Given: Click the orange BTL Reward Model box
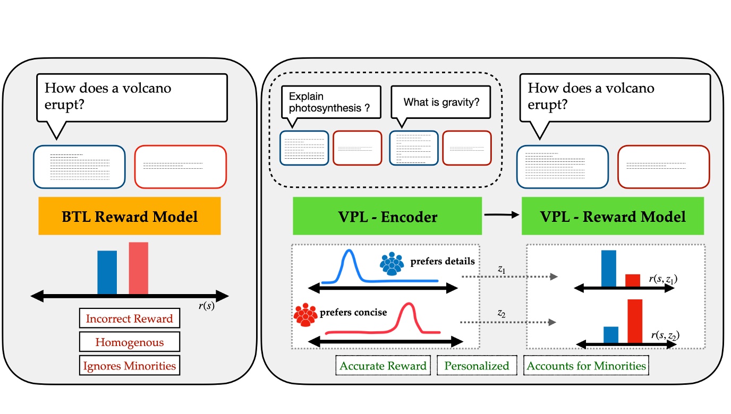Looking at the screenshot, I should point(129,216).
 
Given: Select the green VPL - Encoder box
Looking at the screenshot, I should point(387,216).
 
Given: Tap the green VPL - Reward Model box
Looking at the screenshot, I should point(613,216).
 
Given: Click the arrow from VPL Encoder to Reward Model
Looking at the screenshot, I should point(501,215).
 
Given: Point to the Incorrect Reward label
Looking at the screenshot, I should point(129,319).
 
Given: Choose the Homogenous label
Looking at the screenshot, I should point(129,342).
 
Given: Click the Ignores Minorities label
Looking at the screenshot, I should point(129,366).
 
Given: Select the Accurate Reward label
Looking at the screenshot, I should point(382,366).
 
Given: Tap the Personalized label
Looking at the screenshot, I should point(477,366).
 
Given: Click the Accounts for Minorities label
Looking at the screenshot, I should point(586,366).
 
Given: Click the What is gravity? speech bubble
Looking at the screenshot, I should point(440,102).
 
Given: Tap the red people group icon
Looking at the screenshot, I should point(305,315).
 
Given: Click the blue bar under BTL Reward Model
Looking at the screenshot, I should point(107,272).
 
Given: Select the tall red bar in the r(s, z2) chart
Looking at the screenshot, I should point(635,321).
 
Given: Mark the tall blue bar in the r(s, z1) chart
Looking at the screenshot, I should point(608,269).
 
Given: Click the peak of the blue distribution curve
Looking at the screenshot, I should point(348,252).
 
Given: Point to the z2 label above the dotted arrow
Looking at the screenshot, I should point(501,314).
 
